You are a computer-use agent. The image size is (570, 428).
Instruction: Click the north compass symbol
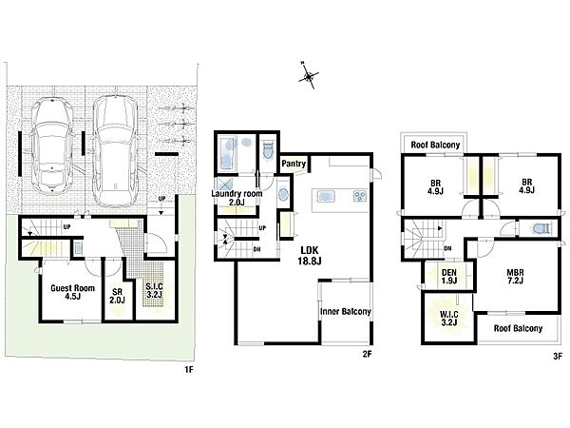click(x=308, y=76)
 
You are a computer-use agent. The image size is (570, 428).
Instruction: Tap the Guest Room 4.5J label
click(x=73, y=292)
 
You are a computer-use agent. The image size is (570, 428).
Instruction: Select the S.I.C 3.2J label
click(x=154, y=290)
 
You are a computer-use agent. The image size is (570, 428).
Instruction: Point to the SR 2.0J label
click(x=117, y=296)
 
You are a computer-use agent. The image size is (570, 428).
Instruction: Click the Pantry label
click(x=294, y=164)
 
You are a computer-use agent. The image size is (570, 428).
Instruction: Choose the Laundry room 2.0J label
click(x=237, y=198)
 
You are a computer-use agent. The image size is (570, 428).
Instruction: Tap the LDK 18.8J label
click(x=310, y=255)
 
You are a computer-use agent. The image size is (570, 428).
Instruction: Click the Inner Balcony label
click(x=346, y=312)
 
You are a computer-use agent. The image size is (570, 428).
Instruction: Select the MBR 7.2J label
click(x=516, y=276)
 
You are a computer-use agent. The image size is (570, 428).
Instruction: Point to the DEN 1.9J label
click(x=449, y=276)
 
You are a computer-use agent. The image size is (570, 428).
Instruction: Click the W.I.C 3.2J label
click(x=449, y=318)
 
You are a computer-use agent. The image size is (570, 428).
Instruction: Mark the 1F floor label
click(x=189, y=370)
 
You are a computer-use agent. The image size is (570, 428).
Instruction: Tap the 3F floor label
click(x=558, y=357)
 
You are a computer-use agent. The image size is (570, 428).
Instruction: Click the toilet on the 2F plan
click(x=268, y=150)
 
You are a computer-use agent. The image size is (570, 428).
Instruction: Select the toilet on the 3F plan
click(x=542, y=228)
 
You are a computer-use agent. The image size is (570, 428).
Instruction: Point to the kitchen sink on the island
click(x=325, y=197)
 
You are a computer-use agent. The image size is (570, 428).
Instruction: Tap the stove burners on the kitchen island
click(x=359, y=197)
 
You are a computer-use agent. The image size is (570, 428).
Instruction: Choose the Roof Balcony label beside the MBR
click(x=518, y=329)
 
